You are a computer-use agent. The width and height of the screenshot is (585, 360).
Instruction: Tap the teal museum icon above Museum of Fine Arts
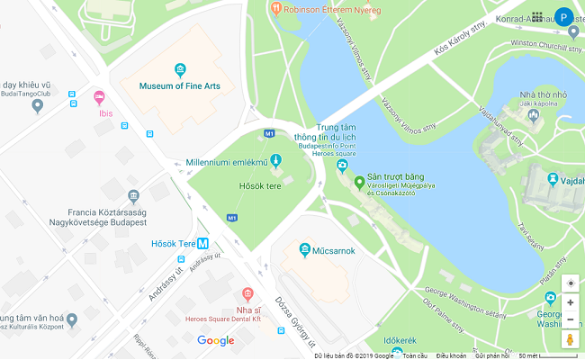point(180,69)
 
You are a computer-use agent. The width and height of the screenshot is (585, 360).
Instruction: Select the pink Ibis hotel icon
point(99,97)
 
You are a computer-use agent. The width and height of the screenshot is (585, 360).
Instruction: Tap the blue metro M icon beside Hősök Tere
point(203,244)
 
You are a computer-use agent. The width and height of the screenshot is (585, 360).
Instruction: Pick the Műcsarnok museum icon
point(305,249)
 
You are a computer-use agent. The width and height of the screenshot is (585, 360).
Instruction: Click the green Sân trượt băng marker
point(359,184)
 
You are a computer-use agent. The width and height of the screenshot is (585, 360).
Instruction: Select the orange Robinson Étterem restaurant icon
point(275,10)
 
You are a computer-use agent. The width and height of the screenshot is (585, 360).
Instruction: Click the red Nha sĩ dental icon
point(248,293)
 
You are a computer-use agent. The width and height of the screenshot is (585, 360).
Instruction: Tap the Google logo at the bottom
point(216,341)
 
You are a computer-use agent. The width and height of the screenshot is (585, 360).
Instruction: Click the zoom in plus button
point(570,302)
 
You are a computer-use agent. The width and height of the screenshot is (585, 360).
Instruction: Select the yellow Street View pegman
point(570,339)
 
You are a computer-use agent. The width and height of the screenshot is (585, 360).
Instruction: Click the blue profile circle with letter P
point(564,16)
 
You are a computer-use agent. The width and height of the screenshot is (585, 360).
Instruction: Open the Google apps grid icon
point(537,16)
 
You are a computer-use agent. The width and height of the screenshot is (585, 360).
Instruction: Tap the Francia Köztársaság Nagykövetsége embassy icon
point(134,196)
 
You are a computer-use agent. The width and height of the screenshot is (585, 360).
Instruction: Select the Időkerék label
point(400,340)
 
